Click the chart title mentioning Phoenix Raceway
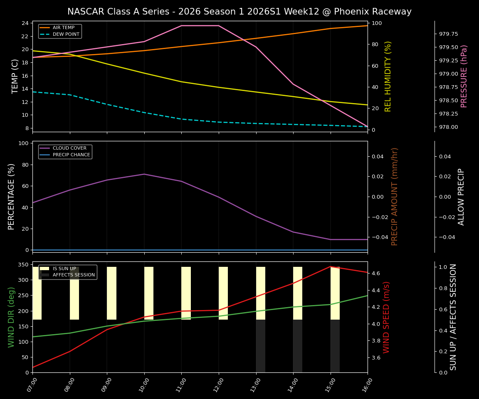pyautogui.click(x=239, y=12)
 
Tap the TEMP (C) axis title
pyautogui.click(x=15, y=76)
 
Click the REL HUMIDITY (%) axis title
pyautogui.click(x=388, y=76)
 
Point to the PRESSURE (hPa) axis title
pyautogui.click(x=464, y=76)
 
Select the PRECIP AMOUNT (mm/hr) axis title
pyautogui.click(x=395, y=196)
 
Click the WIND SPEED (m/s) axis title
pyautogui.click(x=386, y=317)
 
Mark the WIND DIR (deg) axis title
pyautogui.click(x=11, y=317)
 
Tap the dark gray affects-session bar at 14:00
pyautogui.click(x=298, y=346)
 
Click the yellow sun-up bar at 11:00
pyautogui.click(x=186, y=293)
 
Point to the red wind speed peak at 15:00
pyautogui.click(x=331, y=266)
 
